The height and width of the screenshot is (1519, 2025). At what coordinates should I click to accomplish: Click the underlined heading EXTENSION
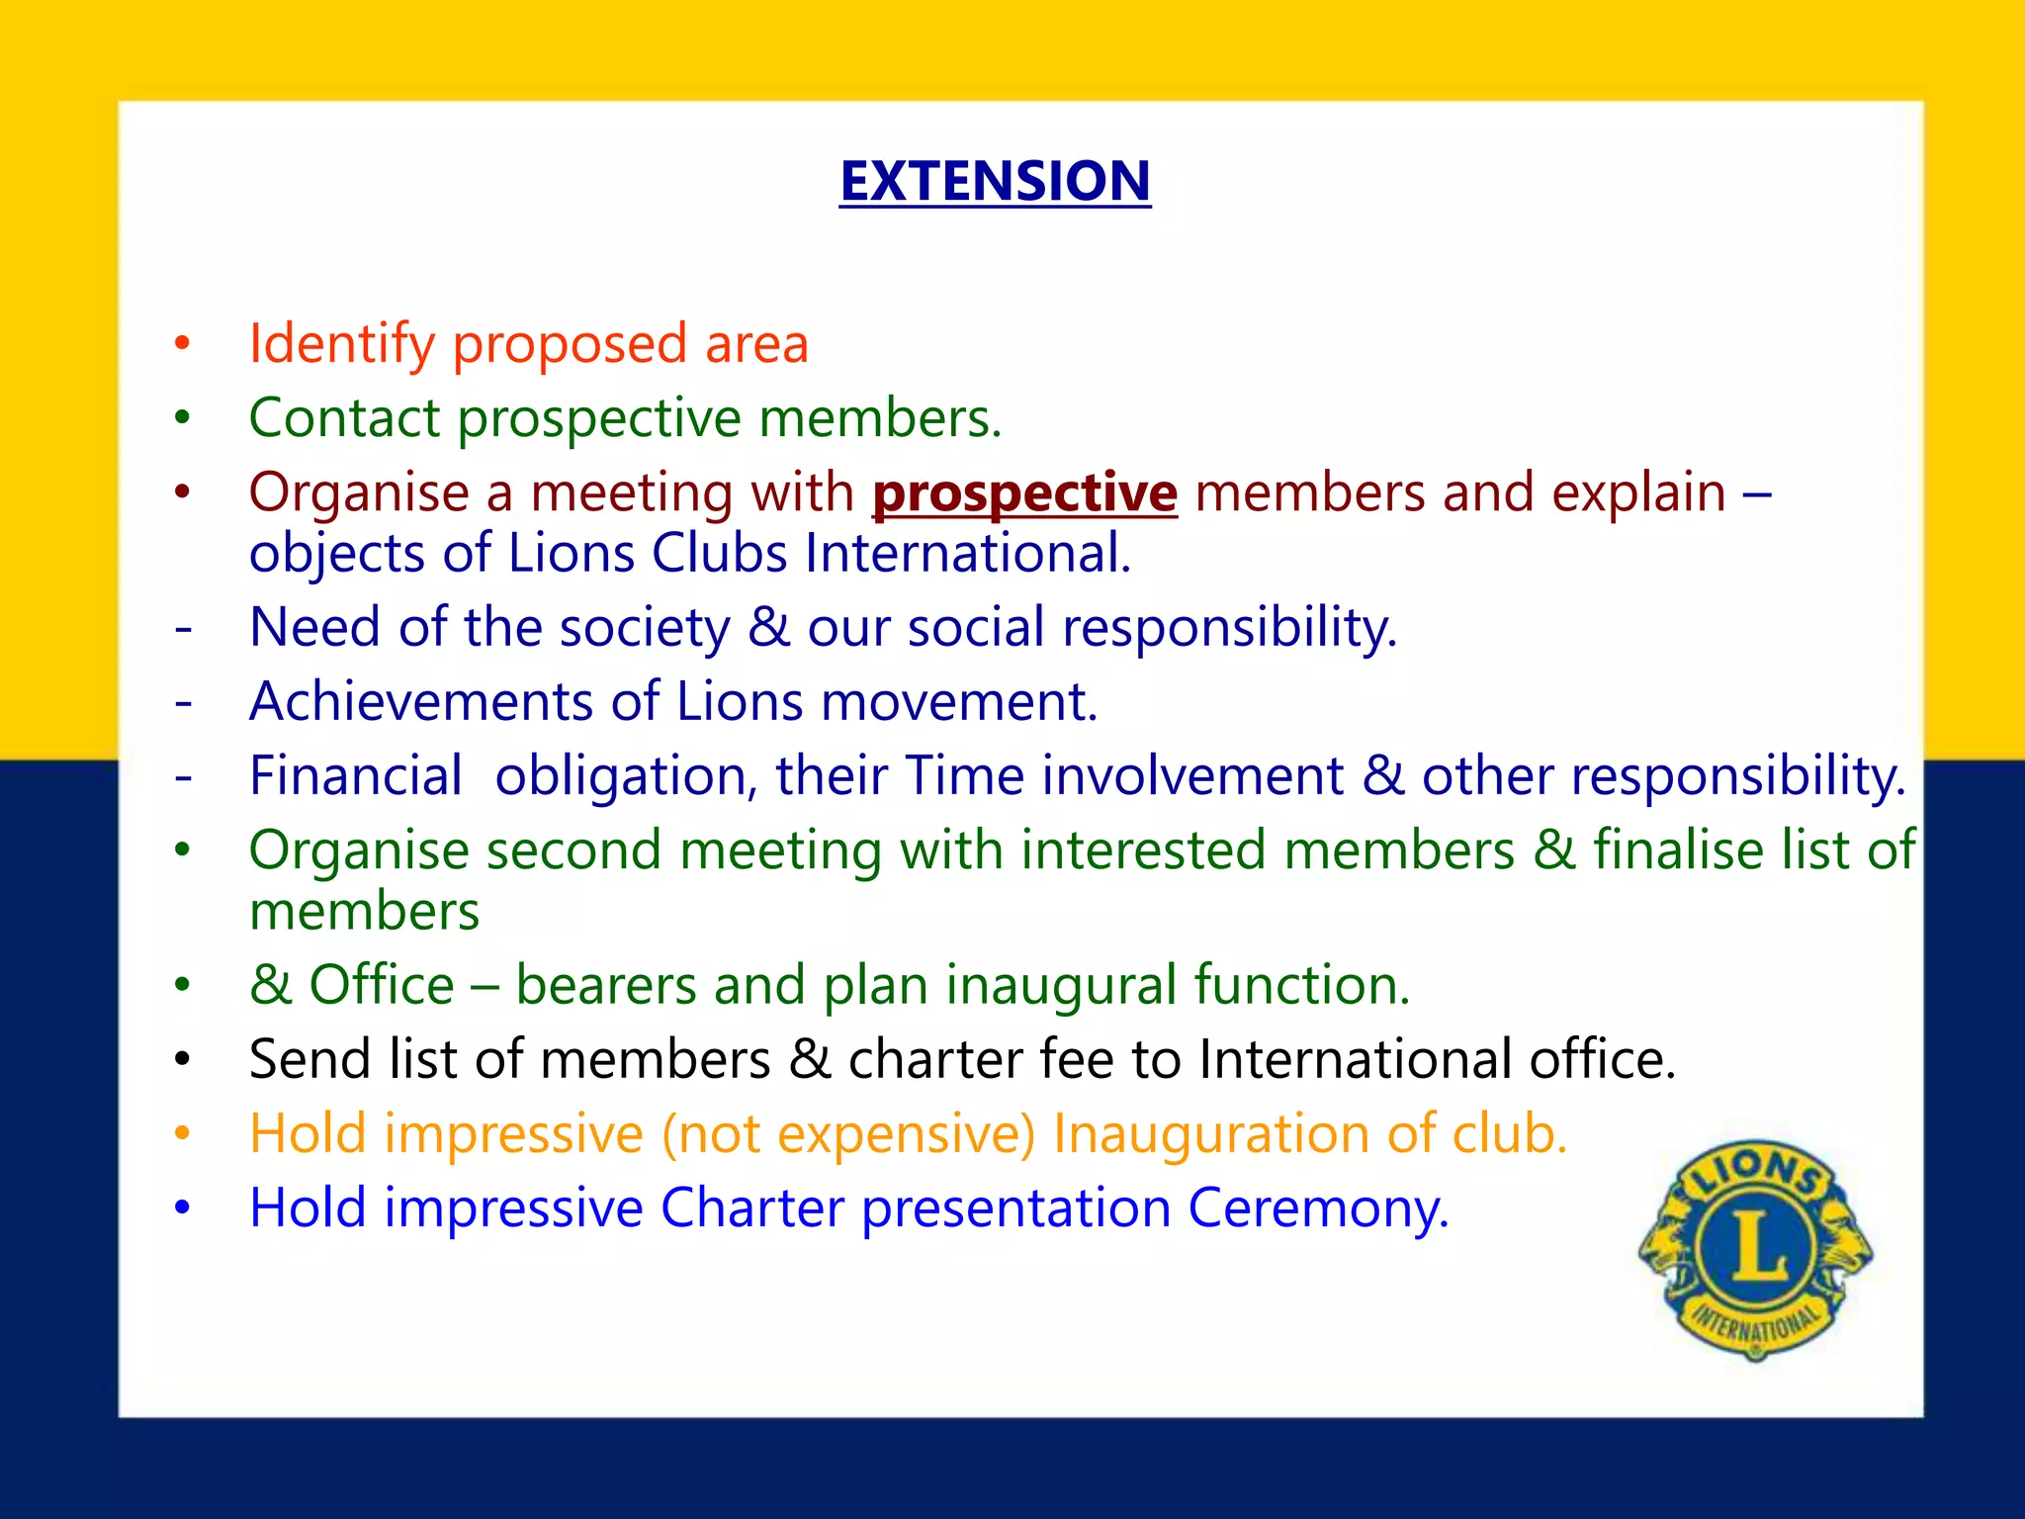tap(995, 181)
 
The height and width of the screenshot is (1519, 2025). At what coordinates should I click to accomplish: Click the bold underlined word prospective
tap(1024, 492)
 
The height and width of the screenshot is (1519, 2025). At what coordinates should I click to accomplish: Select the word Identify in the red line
tap(342, 344)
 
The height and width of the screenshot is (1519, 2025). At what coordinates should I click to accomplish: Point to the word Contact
tap(344, 417)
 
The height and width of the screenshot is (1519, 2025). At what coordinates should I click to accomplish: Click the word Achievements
tap(421, 701)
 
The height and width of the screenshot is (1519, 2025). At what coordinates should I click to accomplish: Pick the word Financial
tap(356, 775)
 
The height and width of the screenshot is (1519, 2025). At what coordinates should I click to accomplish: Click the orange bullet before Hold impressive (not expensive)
tap(182, 1133)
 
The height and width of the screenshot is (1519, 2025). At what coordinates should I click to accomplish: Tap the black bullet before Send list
tap(182, 1059)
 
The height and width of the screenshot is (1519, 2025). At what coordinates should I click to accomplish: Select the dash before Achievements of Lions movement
tap(183, 702)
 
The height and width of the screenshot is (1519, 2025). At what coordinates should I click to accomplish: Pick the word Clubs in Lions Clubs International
tap(720, 553)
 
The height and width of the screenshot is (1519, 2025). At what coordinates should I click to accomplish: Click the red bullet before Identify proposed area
tap(182, 344)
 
